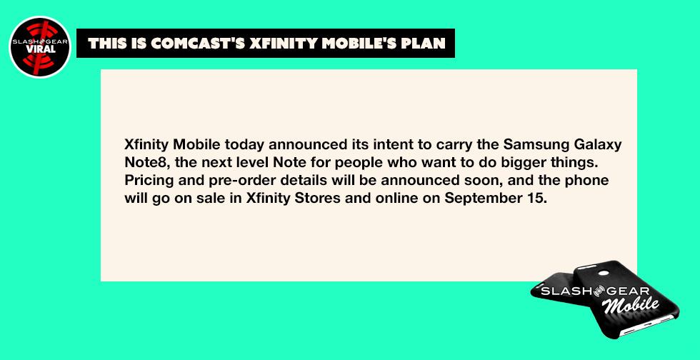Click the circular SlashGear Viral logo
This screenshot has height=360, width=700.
click(40, 47)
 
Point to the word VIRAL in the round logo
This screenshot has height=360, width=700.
click(40, 49)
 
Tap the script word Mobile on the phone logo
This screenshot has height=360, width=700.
click(630, 306)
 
